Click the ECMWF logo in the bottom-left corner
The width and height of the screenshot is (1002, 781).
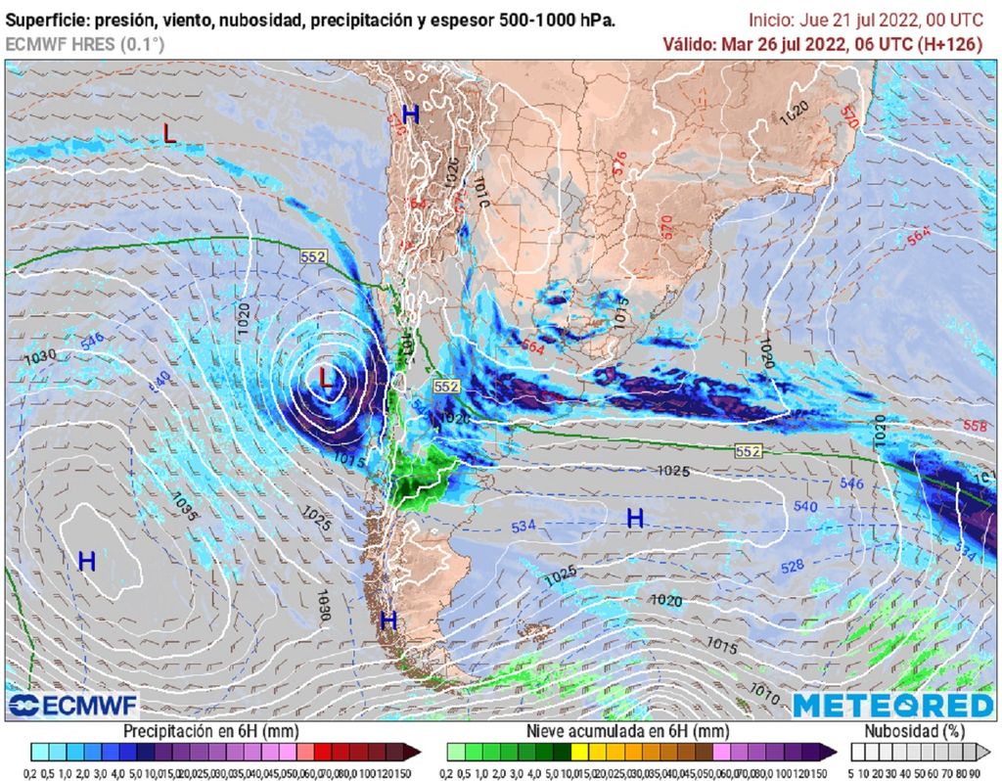[x=73, y=705]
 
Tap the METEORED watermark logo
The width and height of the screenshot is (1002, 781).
[x=892, y=705]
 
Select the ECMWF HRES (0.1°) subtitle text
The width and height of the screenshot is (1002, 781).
[x=84, y=44]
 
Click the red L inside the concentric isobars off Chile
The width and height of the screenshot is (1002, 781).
[x=327, y=375]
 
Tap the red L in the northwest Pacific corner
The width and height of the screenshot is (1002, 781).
[x=169, y=135]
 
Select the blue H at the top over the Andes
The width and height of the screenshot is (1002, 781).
[x=411, y=115]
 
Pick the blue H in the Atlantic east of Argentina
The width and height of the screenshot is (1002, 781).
[x=635, y=519]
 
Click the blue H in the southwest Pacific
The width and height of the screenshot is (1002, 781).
[x=87, y=561]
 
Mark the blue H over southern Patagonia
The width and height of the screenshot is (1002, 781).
[x=388, y=620]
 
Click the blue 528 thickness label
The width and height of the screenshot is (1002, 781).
[x=792, y=567]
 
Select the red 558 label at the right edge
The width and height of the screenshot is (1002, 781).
[x=975, y=426]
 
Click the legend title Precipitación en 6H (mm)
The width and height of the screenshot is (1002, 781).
[x=210, y=731]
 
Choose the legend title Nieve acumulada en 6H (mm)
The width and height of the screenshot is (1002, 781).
[x=626, y=731]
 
